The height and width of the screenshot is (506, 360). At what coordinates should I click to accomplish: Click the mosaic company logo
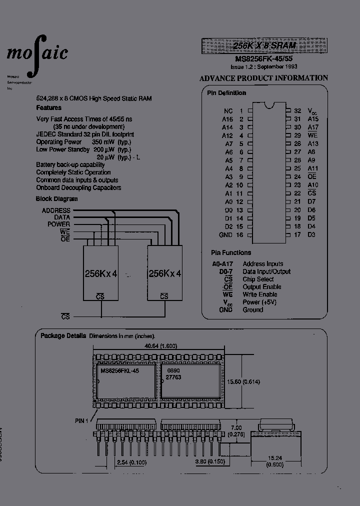click(37, 53)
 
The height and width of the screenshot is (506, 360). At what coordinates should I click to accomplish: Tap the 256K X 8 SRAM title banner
click(264, 45)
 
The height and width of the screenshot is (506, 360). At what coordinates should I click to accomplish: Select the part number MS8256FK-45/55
click(264, 58)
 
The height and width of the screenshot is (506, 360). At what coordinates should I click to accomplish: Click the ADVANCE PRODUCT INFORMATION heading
click(263, 78)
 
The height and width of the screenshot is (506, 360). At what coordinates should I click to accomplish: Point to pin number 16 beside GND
click(239, 234)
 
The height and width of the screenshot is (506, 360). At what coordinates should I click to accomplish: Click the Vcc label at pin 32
click(311, 111)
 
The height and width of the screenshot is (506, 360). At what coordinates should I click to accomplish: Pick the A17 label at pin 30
click(312, 127)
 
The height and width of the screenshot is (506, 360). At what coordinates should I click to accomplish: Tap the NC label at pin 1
click(228, 111)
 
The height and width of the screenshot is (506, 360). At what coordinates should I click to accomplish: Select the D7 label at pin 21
click(311, 201)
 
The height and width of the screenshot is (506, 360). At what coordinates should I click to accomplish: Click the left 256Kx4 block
click(100, 273)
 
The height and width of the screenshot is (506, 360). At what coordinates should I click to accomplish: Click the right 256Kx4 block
click(165, 273)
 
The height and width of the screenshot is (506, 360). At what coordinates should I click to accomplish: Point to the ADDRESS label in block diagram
click(56, 210)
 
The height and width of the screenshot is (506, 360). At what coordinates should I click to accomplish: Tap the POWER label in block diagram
click(58, 224)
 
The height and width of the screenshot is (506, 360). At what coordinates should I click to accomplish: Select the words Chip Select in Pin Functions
click(258, 279)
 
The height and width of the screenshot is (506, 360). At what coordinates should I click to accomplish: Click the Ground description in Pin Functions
click(252, 310)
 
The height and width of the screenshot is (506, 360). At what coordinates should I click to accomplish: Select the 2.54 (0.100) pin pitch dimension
click(131, 462)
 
